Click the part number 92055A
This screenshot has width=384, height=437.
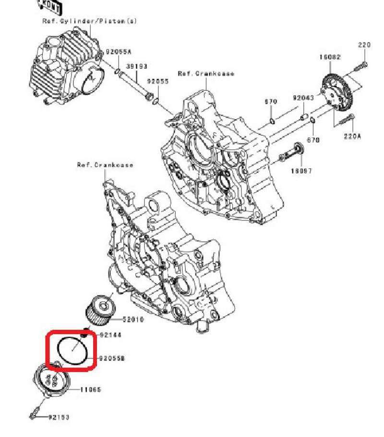tap(118, 51)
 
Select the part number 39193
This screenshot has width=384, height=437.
tap(137, 66)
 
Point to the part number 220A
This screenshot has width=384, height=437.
tap(352, 136)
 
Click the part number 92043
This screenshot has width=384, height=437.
tap(303, 98)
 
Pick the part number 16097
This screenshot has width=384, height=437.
tap(301, 171)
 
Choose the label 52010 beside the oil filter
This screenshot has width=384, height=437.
tap(133, 319)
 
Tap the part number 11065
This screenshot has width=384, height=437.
tap(91, 389)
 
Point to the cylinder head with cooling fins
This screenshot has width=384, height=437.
tap(65, 67)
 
